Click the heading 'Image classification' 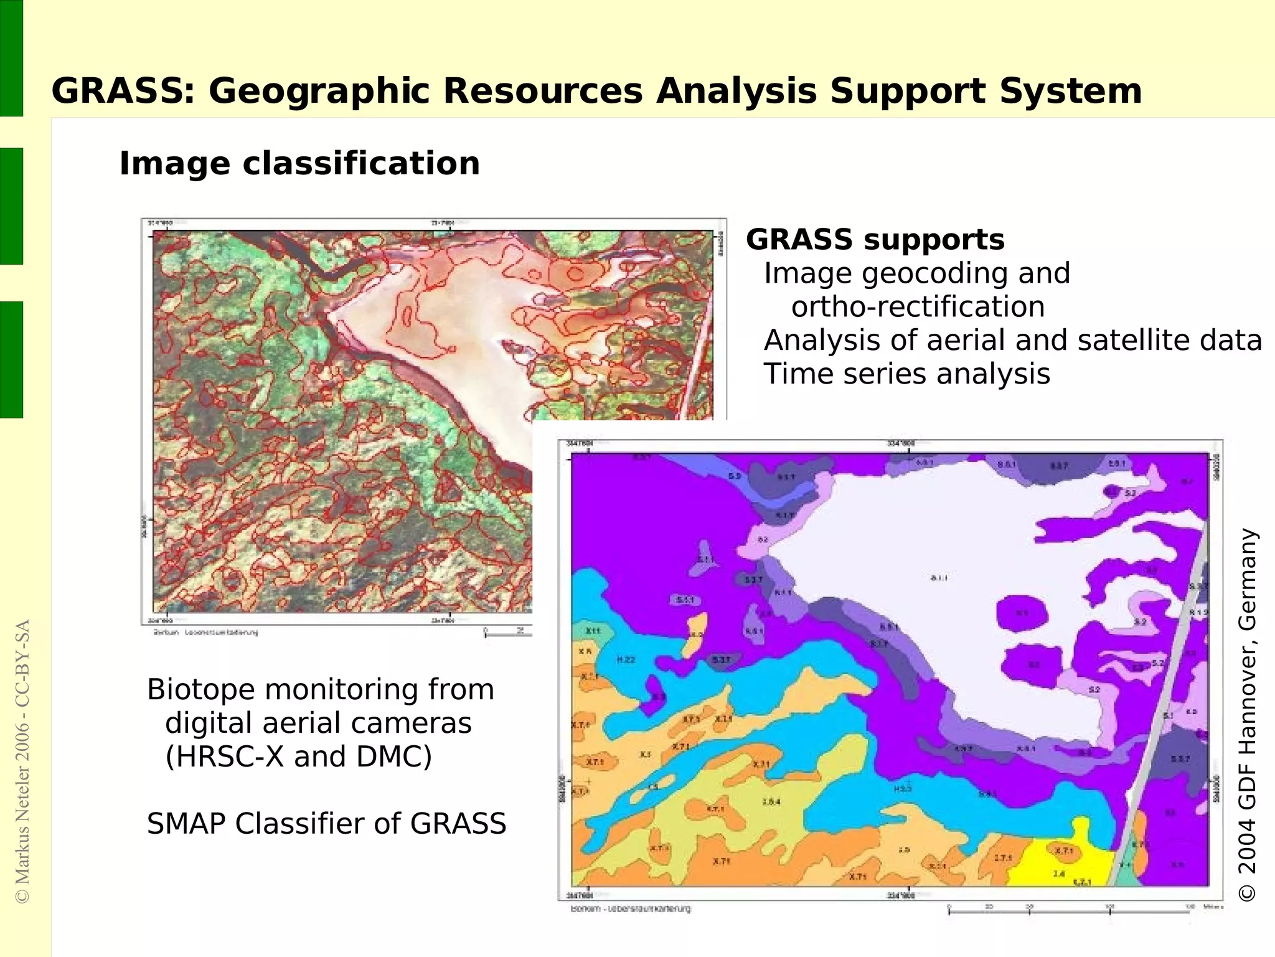tap(299, 164)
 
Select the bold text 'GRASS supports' tap(875, 240)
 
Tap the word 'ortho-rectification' tap(918, 307)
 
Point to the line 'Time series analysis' tap(907, 374)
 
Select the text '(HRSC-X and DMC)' tap(298, 757)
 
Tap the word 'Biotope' tap(200, 690)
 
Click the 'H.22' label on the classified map tap(626, 659)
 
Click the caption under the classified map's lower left tap(630, 908)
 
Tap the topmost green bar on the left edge tap(11, 58)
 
